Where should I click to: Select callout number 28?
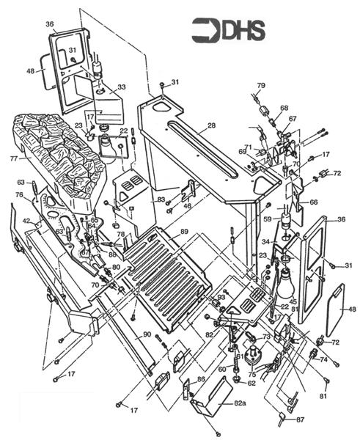tap(211, 126)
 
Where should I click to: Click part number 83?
tap(161, 199)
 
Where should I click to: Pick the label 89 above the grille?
tap(183, 232)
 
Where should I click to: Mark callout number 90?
tap(147, 335)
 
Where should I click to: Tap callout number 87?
tap(299, 419)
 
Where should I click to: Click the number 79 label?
tap(260, 87)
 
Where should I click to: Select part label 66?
tap(313, 202)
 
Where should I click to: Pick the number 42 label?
tap(25, 220)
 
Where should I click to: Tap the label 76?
tap(19, 194)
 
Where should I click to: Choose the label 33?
tap(122, 87)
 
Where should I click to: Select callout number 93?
tap(221, 297)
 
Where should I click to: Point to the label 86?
tap(201, 378)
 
